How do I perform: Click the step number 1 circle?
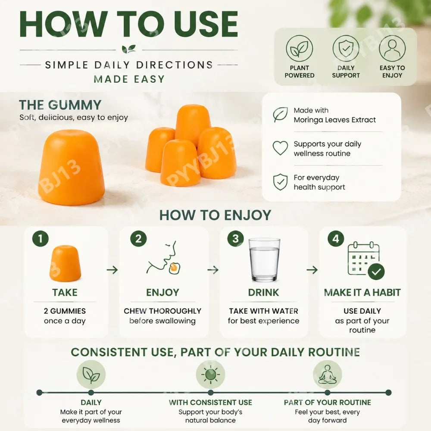click(41, 238)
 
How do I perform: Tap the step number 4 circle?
click(336, 238)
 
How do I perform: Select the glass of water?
click(264, 260)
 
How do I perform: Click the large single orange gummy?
click(72, 167)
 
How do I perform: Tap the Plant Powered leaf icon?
click(300, 49)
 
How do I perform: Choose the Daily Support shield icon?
click(346, 49)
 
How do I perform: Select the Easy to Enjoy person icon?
click(392, 49)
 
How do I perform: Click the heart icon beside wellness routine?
click(280, 148)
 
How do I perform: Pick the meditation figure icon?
click(328, 375)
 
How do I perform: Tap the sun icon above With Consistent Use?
click(211, 375)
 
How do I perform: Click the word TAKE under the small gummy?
click(65, 293)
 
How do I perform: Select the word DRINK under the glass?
click(264, 293)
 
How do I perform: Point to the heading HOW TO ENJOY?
click(215, 215)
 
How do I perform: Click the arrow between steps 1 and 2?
click(112, 270)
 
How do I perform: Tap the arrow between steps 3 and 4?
click(312, 270)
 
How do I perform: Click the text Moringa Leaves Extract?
click(334, 120)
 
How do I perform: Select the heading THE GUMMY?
click(60, 105)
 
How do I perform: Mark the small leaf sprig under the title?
click(128, 49)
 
